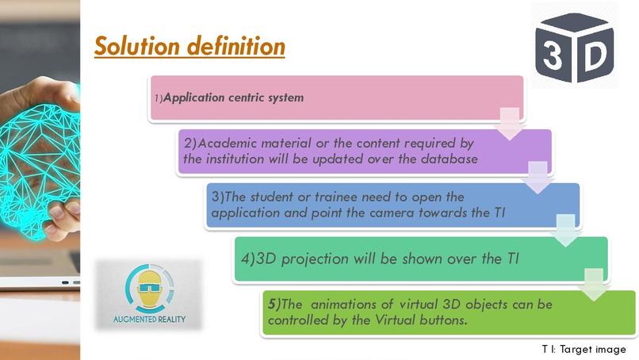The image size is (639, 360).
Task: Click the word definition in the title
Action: [236, 46]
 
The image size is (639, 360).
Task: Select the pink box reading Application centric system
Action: [336, 98]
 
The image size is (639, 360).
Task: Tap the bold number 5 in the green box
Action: [272, 304]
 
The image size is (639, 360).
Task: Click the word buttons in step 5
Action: [444, 320]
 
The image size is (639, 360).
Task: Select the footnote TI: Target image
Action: [584, 349]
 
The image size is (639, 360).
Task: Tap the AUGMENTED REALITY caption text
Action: [148, 322]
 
